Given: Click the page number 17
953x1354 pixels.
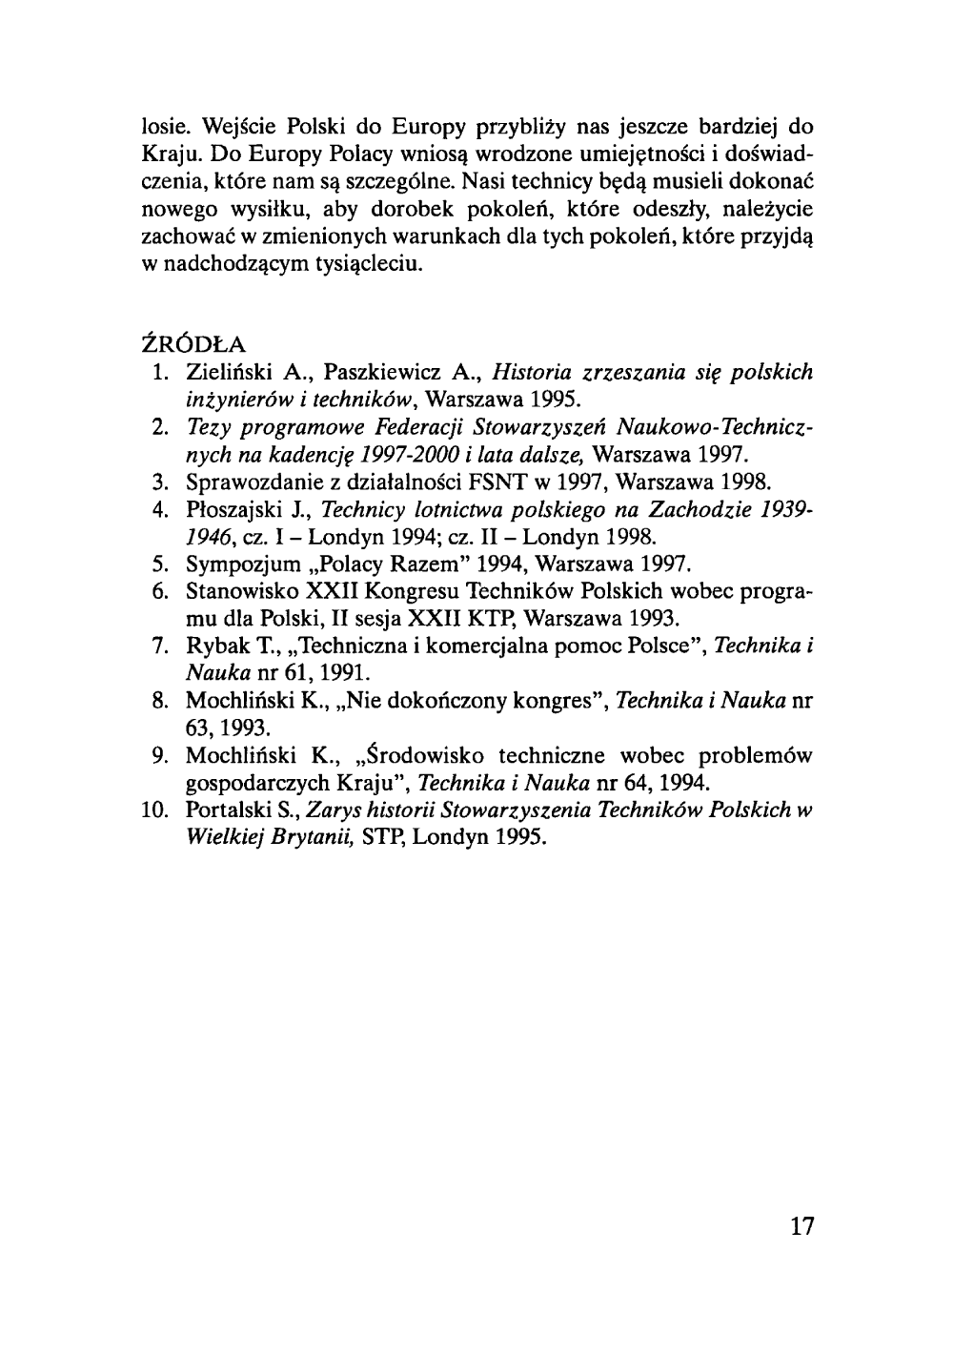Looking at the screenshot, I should pos(802,1225).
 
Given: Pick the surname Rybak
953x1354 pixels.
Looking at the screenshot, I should pos(213,647).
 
